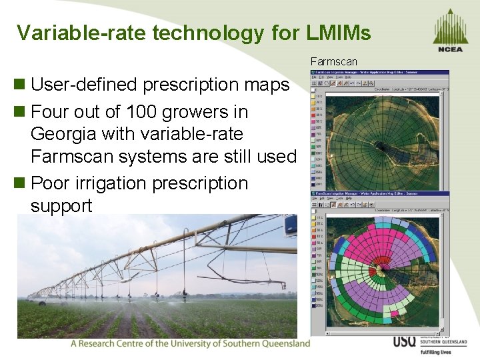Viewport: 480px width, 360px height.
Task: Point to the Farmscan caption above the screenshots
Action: coord(334,62)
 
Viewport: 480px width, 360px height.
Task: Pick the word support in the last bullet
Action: coord(61,205)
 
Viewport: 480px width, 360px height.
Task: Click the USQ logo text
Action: coord(404,341)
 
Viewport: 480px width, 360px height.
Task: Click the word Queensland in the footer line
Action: coord(280,343)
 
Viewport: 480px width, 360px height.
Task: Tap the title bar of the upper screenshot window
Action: coord(380,73)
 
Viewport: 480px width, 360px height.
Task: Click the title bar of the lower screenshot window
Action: coord(380,195)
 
